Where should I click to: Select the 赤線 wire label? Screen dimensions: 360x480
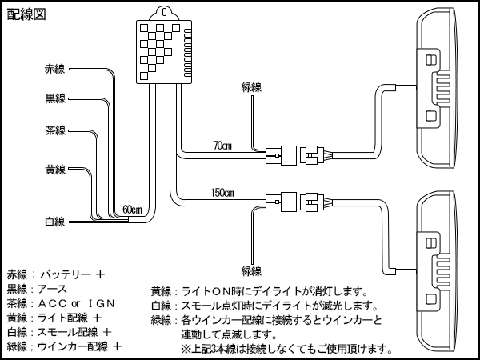point(56,70)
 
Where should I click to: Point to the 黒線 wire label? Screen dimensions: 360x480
point(56,99)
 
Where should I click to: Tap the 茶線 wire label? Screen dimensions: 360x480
point(56,130)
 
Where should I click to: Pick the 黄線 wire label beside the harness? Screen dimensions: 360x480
point(56,170)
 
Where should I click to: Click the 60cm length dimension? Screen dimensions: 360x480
point(132,210)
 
